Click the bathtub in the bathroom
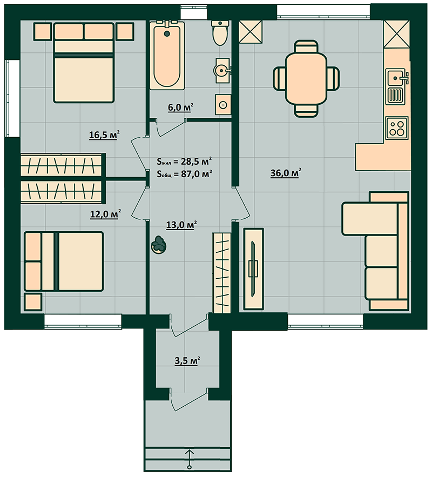tap(167, 55)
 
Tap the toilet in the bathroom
tap(219, 33)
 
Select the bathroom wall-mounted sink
tap(222, 71)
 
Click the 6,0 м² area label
tap(180, 108)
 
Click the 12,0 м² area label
tap(105, 214)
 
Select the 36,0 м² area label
tap(286, 173)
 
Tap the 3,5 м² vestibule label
tap(187, 361)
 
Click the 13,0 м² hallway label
tap(181, 225)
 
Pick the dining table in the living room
tap(306, 79)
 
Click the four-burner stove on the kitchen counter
tap(397, 128)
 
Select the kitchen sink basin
tap(395, 77)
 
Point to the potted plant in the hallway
tap(159, 245)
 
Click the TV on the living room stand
tap(253, 268)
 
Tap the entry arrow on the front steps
tap(190, 458)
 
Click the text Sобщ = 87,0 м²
tap(184, 174)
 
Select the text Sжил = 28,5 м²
tap(184, 161)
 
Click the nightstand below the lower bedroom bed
tap(33, 302)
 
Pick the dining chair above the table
tap(306, 47)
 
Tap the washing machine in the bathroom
tap(223, 105)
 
